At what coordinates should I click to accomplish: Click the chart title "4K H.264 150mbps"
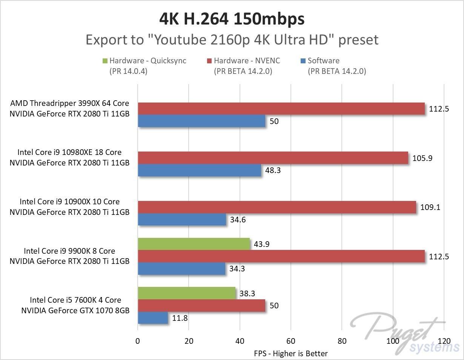(232, 19)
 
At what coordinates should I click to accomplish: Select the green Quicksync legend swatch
(105, 61)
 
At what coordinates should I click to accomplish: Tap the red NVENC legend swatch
(209, 61)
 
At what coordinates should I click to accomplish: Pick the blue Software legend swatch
(303, 61)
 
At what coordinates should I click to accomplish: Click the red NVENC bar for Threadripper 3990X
(281, 109)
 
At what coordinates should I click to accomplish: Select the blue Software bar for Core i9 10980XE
(200, 170)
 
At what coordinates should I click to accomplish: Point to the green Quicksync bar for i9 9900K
(194, 244)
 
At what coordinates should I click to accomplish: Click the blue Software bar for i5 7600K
(153, 318)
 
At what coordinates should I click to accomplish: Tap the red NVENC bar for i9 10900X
(277, 207)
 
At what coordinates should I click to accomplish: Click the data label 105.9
(423, 158)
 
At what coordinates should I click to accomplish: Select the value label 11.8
(180, 318)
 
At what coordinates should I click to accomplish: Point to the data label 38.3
(247, 293)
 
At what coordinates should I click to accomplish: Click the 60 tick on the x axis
(291, 341)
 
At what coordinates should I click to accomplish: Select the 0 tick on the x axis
(138, 341)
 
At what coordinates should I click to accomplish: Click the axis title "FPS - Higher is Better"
(290, 354)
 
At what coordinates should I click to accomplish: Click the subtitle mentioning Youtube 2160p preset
(232, 40)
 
